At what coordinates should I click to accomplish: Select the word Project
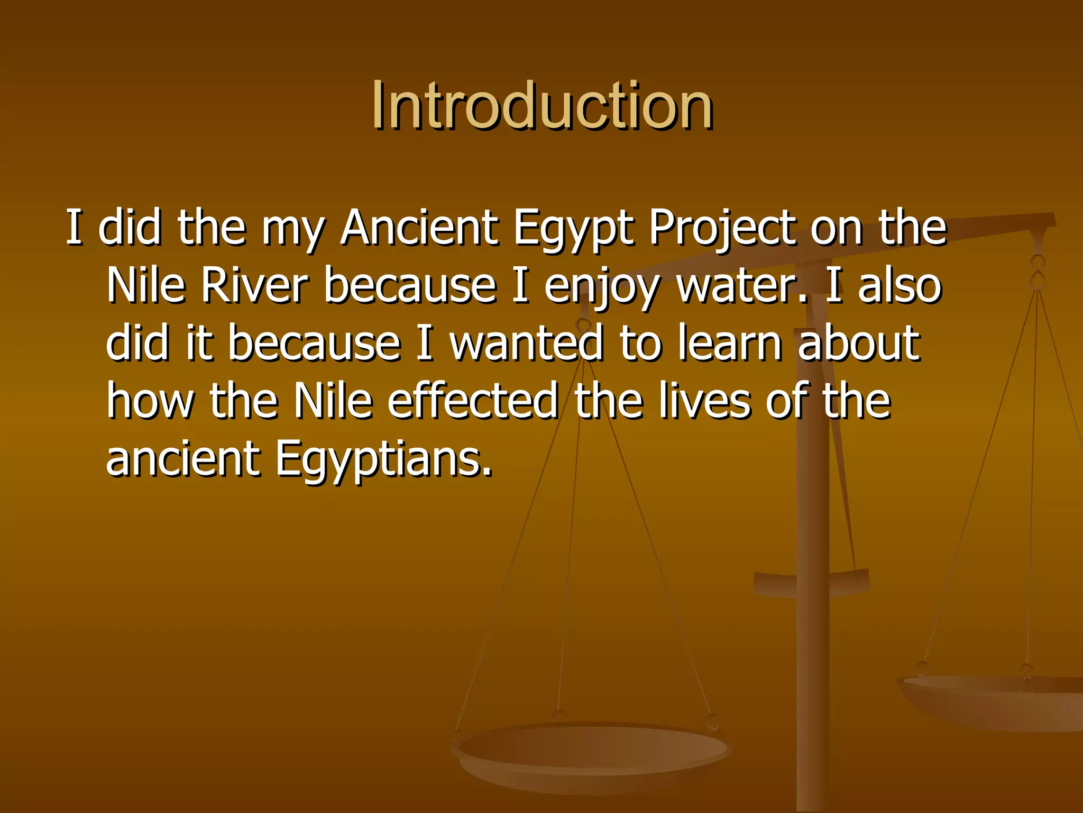pos(721,229)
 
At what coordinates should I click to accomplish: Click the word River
pos(254,286)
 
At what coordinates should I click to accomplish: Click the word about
pos(859,343)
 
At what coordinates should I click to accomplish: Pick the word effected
pos(473,401)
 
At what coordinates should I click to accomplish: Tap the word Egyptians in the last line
pos(383,459)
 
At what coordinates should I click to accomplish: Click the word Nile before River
pos(146,286)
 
